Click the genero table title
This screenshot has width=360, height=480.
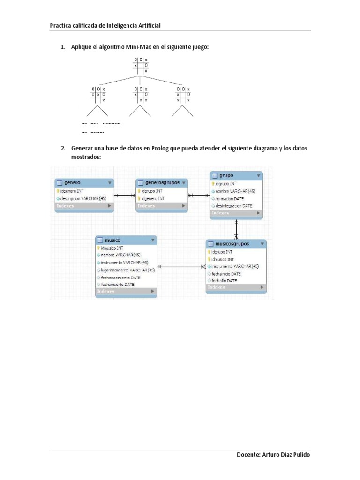pyautogui.click(x=75, y=183)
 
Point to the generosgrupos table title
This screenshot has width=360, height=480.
pyautogui.click(x=163, y=182)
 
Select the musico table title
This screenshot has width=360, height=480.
pyautogui.click(x=112, y=240)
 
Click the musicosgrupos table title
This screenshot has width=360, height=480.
pyautogui.click(x=232, y=244)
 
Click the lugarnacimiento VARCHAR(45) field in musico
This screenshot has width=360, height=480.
pyautogui.click(x=127, y=270)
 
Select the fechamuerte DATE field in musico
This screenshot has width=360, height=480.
pyautogui.click(x=117, y=284)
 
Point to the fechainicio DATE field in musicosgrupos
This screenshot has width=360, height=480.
pyautogui.click(x=226, y=273)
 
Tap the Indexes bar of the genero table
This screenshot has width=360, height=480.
pyautogui.click(x=84, y=206)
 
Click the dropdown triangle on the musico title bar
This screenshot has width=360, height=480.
pyautogui.click(x=153, y=240)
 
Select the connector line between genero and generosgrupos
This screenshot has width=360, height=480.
pyautogui.click(x=124, y=195)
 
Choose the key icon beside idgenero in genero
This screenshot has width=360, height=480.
pyautogui.click(x=58, y=191)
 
